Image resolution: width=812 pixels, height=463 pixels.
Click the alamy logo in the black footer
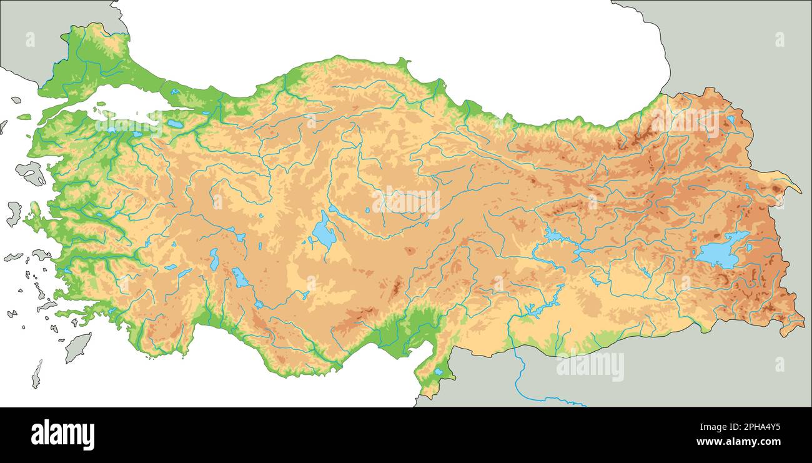62,435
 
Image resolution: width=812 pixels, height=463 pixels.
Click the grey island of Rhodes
77,347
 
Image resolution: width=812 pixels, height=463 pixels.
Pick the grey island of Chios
14,213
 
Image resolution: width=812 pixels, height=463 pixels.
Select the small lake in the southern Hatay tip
439,372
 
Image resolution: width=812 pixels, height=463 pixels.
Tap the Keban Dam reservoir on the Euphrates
553,236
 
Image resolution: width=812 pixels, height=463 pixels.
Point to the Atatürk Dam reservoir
536,309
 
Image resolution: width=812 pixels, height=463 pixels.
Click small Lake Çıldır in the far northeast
731,119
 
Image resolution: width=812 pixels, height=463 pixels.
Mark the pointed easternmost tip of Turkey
799,191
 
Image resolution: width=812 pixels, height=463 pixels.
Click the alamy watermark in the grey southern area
590,366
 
